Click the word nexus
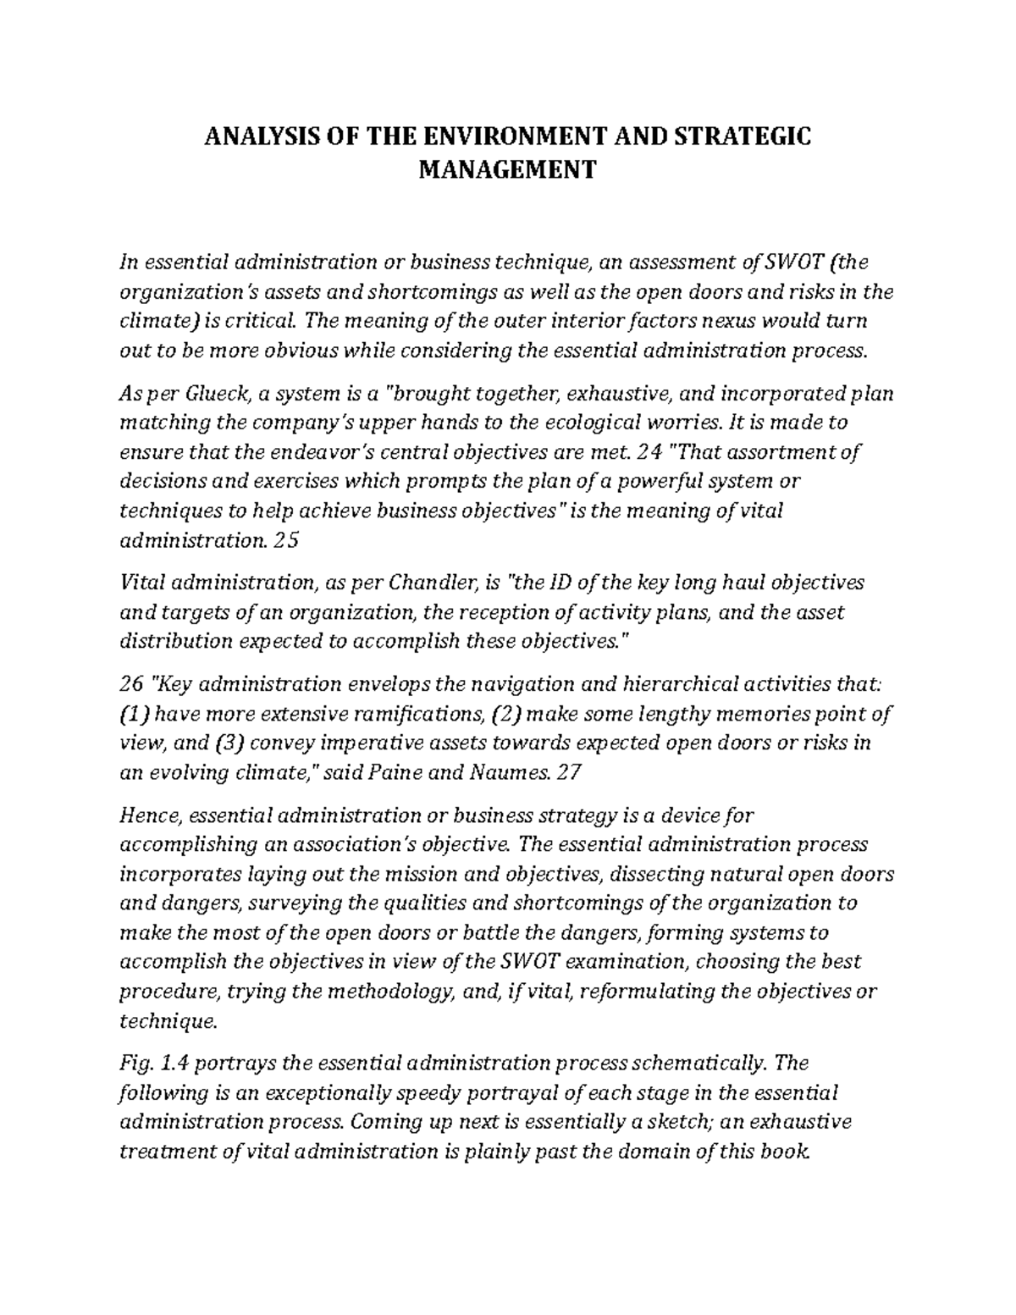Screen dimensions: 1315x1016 coord(758,322)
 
